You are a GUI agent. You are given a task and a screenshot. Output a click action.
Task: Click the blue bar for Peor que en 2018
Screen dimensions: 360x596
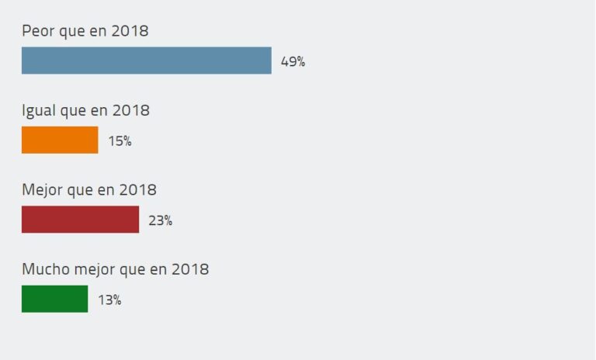pyautogui.click(x=146, y=61)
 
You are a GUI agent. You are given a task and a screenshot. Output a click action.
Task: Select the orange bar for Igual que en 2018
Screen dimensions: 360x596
pyautogui.click(x=60, y=140)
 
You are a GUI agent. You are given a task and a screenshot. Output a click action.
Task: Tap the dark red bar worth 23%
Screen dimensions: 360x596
pyautogui.click(x=80, y=220)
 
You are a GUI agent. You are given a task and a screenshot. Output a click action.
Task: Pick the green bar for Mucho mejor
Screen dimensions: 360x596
pyautogui.click(x=54, y=299)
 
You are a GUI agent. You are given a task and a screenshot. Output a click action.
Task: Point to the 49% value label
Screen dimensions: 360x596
pyautogui.click(x=293, y=62)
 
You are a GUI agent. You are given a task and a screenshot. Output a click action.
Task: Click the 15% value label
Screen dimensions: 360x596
pyautogui.click(x=120, y=141)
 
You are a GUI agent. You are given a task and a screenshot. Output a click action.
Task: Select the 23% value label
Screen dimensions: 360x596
pyautogui.click(x=160, y=220)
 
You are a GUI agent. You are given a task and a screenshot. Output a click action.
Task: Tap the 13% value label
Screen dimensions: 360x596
pyautogui.click(x=109, y=299)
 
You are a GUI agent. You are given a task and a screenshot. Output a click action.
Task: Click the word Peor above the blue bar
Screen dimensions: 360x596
pyautogui.click(x=37, y=31)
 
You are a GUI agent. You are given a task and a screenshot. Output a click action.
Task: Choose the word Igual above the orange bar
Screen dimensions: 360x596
pyautogui.click(x=39, y=111)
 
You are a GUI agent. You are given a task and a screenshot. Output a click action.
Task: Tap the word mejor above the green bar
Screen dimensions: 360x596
pyautogui.click(x=94, y=269)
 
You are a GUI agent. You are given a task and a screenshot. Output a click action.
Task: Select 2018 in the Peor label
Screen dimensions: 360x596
pyautogui.click(x=130, y=31)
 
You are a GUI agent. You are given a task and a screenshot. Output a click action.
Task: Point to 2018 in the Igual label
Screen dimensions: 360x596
pyautogui.click(x=131, y=111)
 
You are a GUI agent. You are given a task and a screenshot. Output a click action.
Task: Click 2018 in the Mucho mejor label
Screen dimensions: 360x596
pyautogui.click(x=190, y=269)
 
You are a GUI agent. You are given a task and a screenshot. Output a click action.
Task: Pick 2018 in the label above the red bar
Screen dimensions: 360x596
pyautogui.click(x=138, y=190)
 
